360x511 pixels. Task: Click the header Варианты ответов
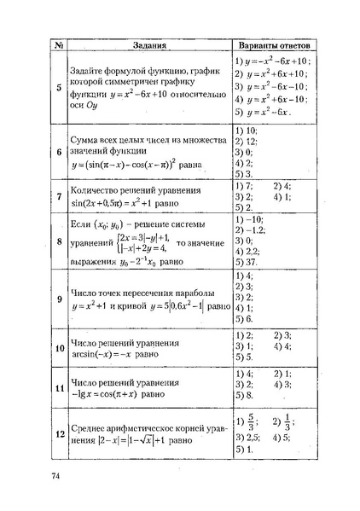tap(273, 45)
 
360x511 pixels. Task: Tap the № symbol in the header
tap(59, 45)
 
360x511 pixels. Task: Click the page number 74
tap(56, 475)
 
